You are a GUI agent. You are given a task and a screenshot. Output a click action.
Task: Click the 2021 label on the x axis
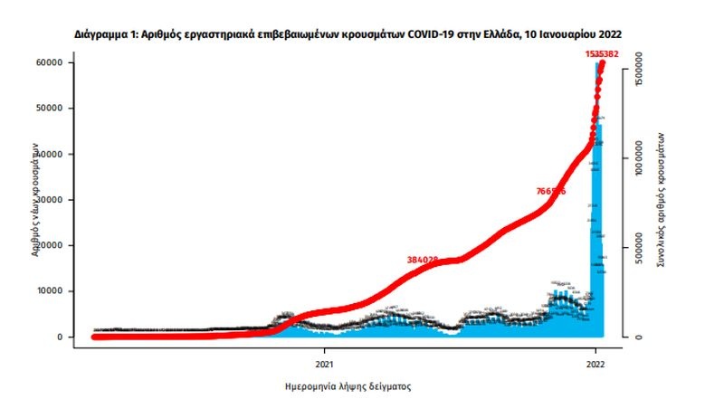pyautogui.click(x=324, y=366)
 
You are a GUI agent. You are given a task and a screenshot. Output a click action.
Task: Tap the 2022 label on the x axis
pyautogui.click(x=595, y=366)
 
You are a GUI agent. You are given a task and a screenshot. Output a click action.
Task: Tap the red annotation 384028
pyautogui.click(x=423, y=259)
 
